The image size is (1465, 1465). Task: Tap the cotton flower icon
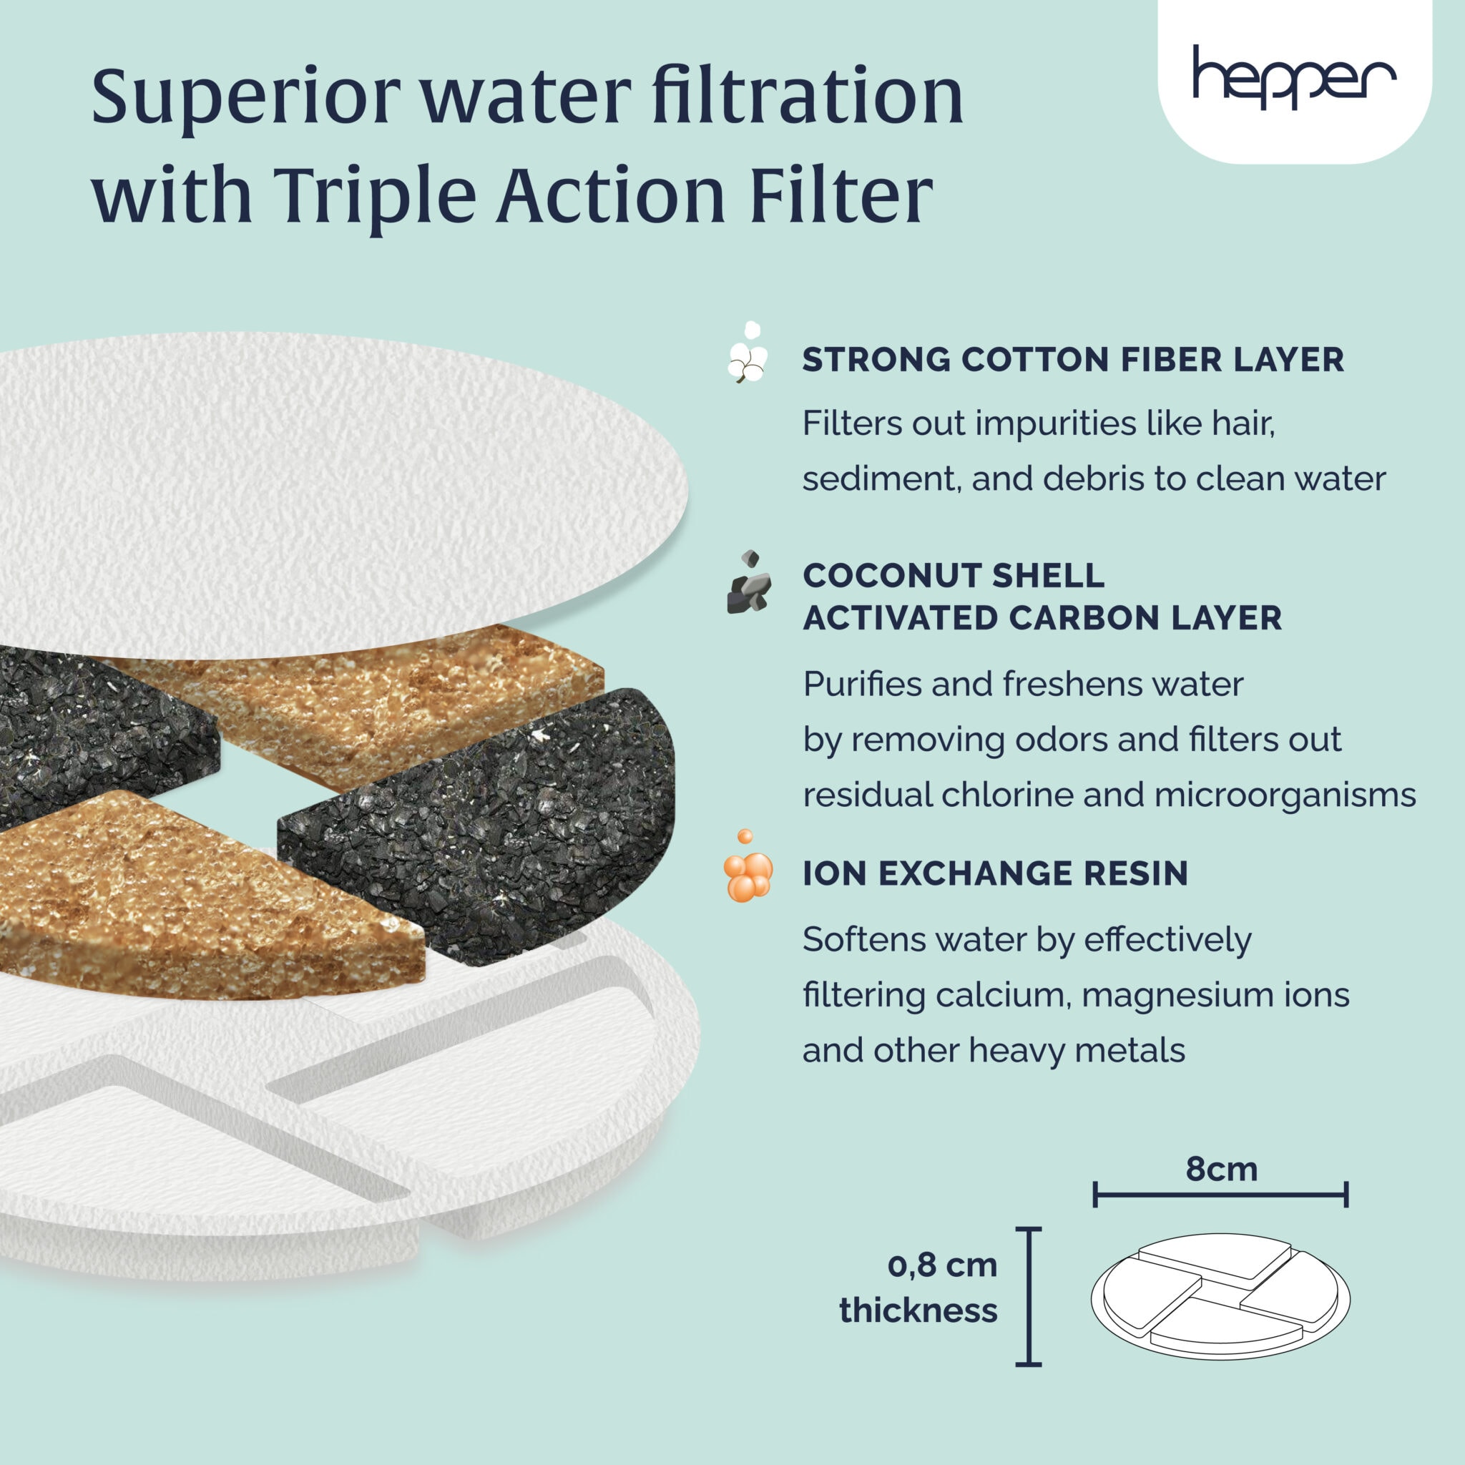tap(748, 353)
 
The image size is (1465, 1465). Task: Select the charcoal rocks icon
tap(748, 584)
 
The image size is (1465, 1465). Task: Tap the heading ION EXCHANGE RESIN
tap(995, 873)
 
